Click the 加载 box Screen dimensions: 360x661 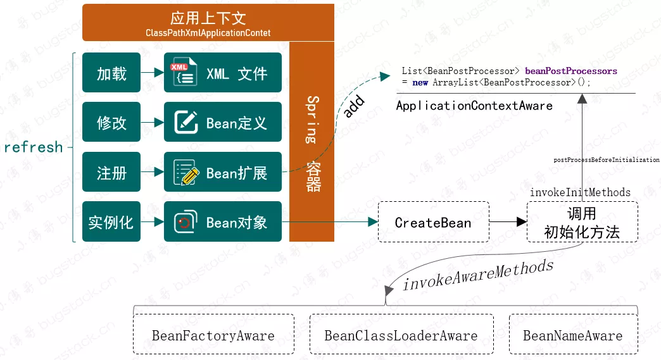click(111, 74)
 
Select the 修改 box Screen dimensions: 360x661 click(111, 123)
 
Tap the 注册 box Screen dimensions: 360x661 click(111, 172)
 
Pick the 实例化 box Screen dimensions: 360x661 click(111, 222)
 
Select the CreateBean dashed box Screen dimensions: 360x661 click(433, 222)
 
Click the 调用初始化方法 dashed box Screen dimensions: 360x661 click(582, 222)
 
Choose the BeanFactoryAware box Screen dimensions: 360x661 click(213, 335)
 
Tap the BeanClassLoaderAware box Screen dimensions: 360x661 click(401, 335)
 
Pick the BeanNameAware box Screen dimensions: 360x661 click(572, 335)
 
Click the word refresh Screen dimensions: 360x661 click(34, 147)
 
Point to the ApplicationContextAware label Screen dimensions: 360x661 click(474, 106)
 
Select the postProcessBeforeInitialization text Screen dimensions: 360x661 click(607, 160)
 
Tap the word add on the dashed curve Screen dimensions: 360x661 click(354, 107)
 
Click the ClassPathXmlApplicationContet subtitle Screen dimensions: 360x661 click(208, 33)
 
